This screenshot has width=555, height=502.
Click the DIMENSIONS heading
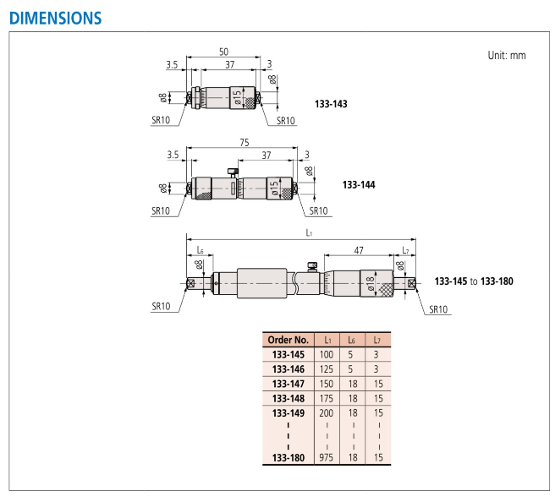pyautogui.click(x=56, y=18)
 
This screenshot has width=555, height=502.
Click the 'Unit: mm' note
pyautogui.click(x=507, y=56)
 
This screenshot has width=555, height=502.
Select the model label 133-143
pyautogui.click(x=331, y=104)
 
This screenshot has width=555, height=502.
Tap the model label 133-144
pyautogui.click(x=359, y=184)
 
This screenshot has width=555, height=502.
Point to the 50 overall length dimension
pyautogui.click(x=223, y=52)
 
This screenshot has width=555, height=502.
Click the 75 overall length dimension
pyautogui.click(x=245, y=142)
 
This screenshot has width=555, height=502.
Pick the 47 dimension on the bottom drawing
pyautogui.click(x=359, y=250)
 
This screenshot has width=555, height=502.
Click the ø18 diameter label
pyautogui.click(x=369, y=283)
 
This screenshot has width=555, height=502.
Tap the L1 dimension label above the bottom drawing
pyautogui.click(x=309, y=232)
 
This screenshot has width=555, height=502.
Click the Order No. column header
pyautogui.click(x=288, y=340)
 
